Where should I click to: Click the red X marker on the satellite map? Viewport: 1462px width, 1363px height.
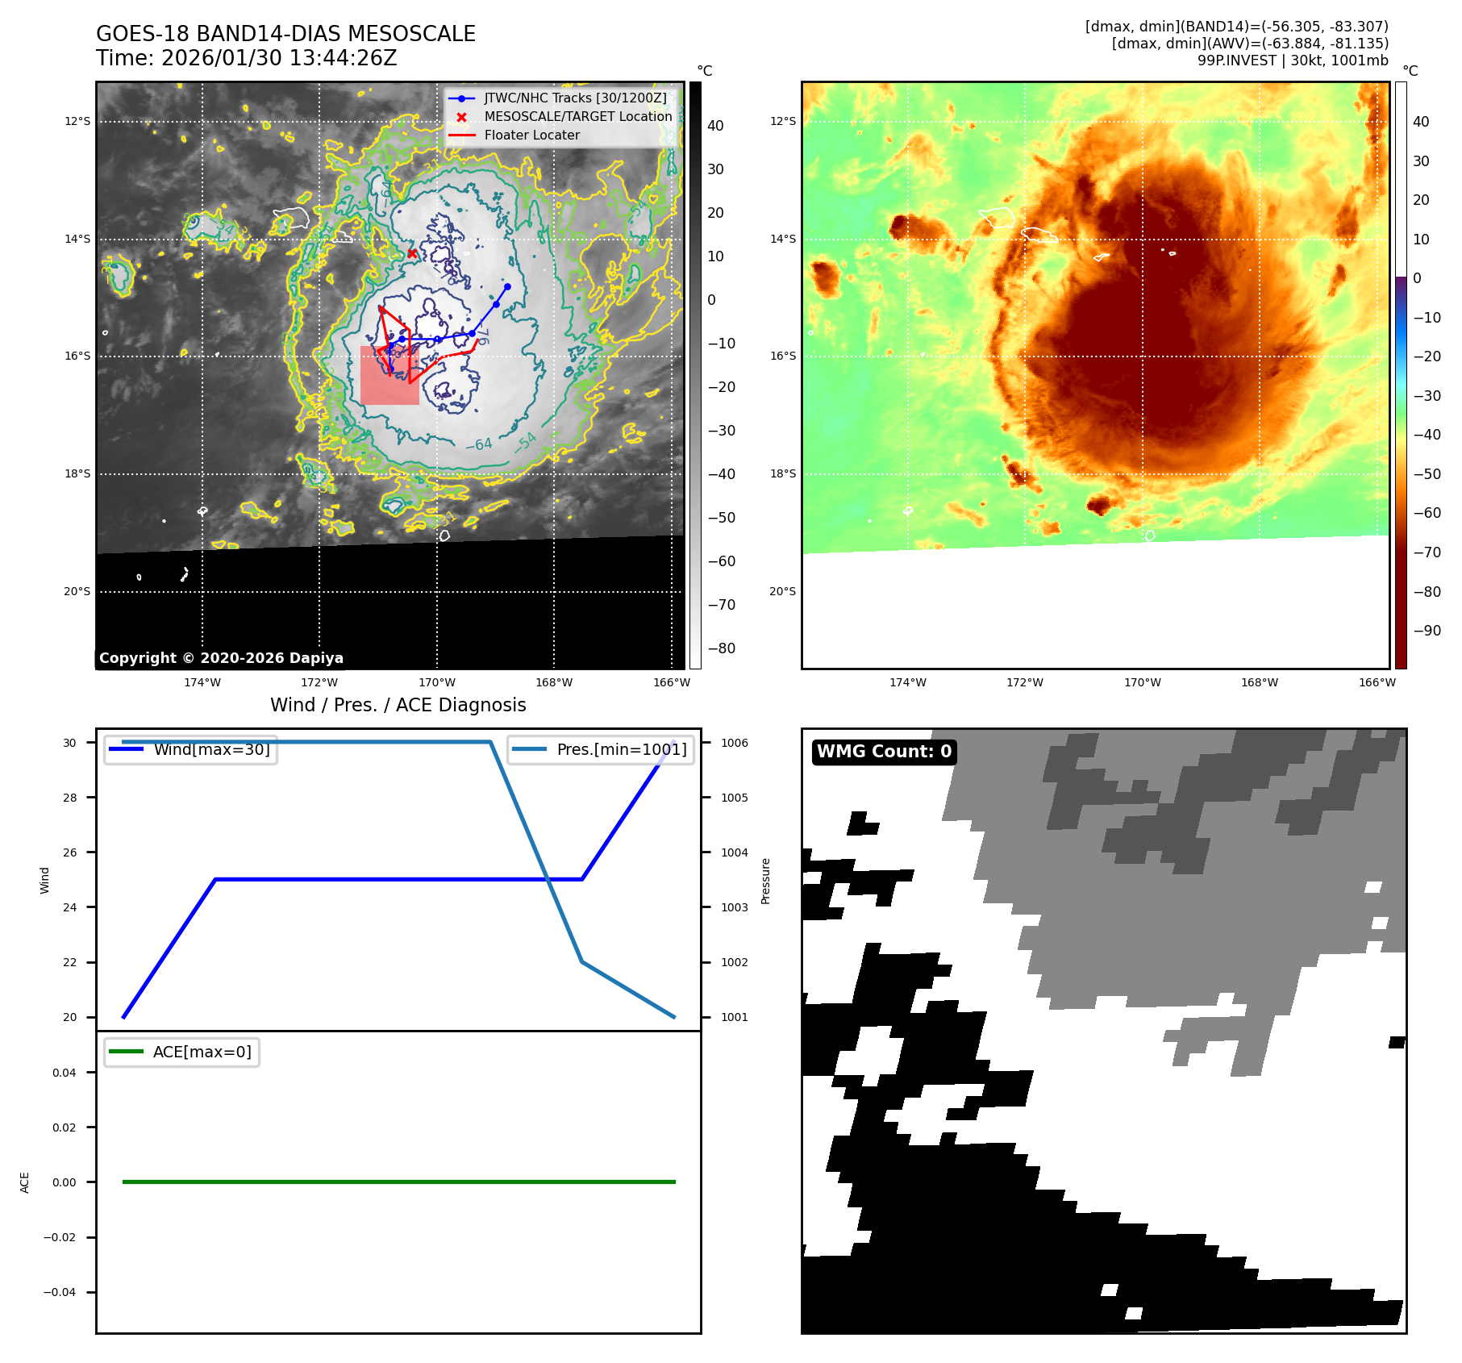tap(412, 253)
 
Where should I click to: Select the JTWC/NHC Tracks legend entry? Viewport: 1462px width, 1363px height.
tap(575, 98)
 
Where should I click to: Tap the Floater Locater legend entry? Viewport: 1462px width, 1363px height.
tap(531, 135)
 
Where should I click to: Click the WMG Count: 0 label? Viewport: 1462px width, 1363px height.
tap(884, 752)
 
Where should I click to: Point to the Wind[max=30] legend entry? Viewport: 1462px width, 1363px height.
tap(211, 749)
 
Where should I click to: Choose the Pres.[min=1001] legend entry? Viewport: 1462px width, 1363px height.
tap(621, 749)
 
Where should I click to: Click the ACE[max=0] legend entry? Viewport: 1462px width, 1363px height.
tap(202, 1052)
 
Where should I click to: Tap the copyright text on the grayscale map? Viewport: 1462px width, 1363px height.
tap(221, 658)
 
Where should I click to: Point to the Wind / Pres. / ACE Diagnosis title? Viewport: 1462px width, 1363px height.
tap(398, 705)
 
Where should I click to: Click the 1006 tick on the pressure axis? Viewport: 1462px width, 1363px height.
tap(734, 743)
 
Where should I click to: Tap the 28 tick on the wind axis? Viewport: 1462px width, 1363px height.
tap(70, 798)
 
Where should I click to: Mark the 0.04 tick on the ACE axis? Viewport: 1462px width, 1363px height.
tap(65, 1073)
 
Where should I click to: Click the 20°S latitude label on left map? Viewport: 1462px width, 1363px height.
tap(77, 591)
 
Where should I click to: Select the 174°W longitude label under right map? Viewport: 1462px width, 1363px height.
tap(907, 682)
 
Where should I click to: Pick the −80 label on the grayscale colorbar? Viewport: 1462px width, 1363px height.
tap(721, 648)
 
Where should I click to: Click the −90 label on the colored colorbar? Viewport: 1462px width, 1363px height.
tap(1427, 631)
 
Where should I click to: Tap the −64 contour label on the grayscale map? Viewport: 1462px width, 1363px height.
tap(479, 444)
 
